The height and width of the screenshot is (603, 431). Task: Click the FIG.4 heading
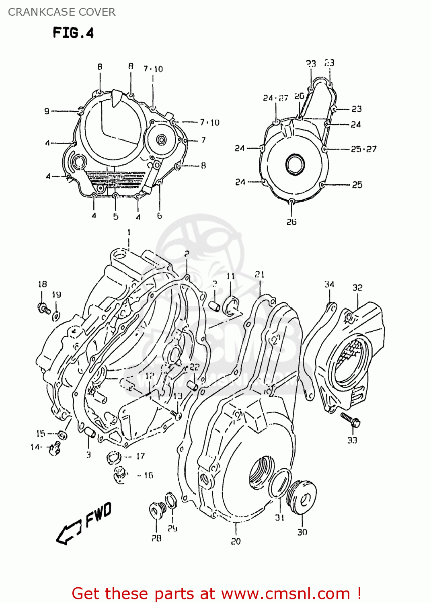(73, 33)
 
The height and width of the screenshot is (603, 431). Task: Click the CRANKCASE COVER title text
(62, 12)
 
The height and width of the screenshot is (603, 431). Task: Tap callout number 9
(47, 111)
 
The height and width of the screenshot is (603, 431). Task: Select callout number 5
(116, 217)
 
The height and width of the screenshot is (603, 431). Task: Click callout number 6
(160, 216)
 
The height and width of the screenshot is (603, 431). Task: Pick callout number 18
(42, 284)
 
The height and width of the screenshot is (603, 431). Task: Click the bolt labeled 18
(43, 308)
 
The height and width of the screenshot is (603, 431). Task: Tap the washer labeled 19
(57, 316)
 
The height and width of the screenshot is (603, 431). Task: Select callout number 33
(352, 440)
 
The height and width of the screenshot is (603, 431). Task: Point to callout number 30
(302, 532)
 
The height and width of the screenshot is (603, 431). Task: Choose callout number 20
(236, 541)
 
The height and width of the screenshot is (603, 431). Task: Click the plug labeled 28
(156, 510)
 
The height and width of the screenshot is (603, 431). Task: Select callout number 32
(357, 287)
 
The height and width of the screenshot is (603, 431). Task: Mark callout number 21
(260, 274)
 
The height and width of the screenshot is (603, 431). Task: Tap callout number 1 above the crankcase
(129, 232)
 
